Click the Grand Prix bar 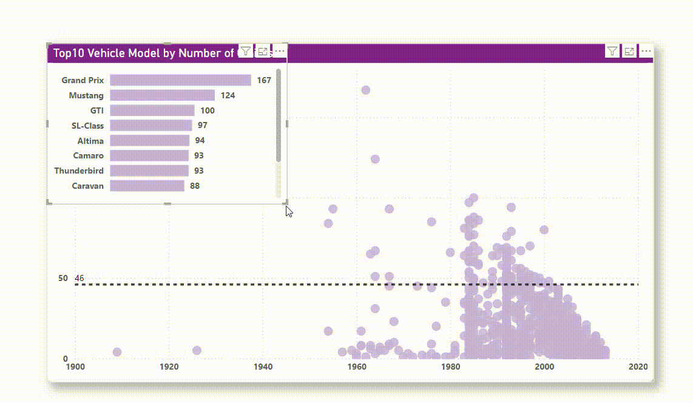[180, 80]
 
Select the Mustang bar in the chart [162, 95]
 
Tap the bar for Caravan [147, 186]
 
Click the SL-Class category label [87, 126]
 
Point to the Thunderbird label [79, 171]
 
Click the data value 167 [264, 80]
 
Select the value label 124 [228, 95]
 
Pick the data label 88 [195, 186]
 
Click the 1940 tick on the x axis [263, 367]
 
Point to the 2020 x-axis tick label [638, 367]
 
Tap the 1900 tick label [75, 367]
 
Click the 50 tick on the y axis [63, 278]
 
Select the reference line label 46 [79, 279]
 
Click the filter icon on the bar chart [245, 51]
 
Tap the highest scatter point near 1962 [366, 90]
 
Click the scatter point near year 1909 [117, 352]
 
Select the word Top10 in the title [69, 53]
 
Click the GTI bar [152, 110]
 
